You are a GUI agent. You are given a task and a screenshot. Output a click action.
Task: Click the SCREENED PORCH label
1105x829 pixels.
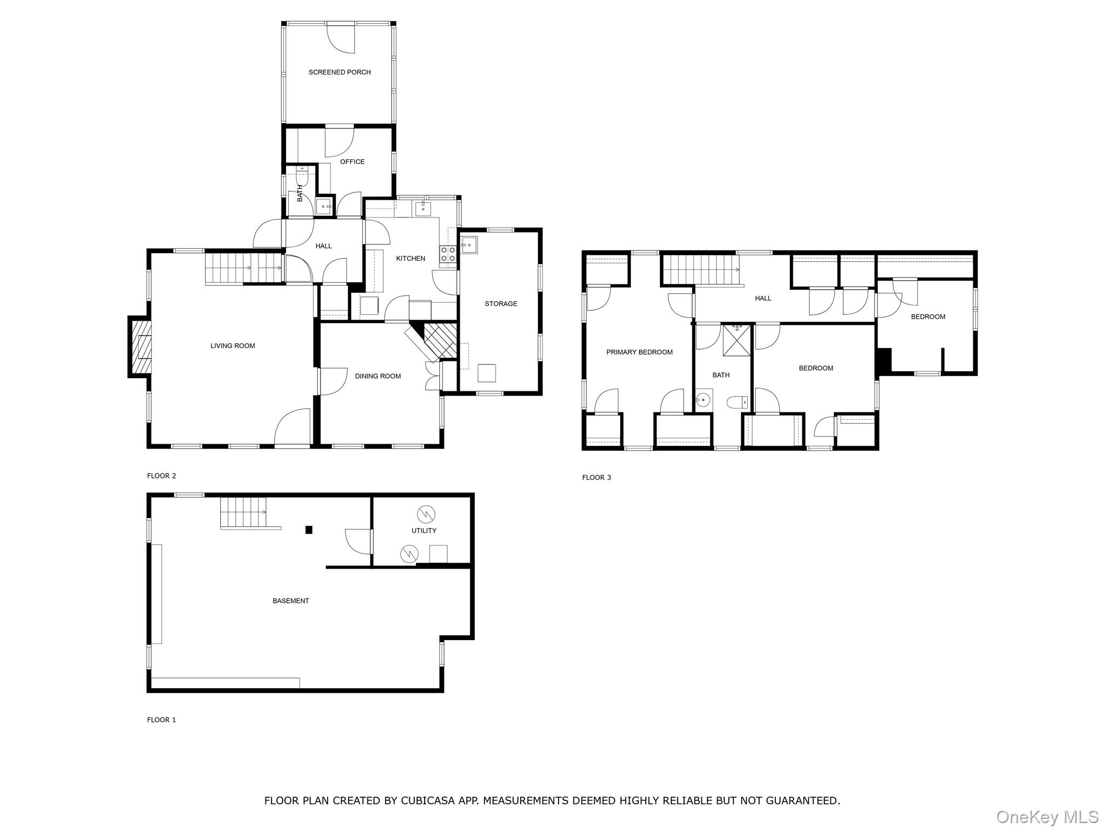tap(339, 72)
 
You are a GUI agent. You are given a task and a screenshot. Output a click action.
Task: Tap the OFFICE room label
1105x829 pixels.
tap(352, 162)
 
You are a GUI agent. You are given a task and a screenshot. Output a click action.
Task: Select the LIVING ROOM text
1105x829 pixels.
tap(233, 346)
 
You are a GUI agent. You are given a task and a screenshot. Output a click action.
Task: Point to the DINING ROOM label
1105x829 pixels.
tap(378, 376)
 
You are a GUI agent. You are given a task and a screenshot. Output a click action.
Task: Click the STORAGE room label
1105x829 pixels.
tap(501, 304)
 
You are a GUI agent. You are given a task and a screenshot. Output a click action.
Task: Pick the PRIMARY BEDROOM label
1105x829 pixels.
tap(639, 352)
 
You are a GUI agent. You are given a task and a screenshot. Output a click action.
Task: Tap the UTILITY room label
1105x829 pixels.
tap(424, 531)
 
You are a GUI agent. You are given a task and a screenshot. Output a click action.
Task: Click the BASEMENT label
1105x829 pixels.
tap(290, 601)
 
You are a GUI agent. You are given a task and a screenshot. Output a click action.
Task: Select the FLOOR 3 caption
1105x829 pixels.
tap(596, 478)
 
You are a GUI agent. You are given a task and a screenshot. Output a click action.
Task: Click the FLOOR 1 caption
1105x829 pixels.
tap(161, 720)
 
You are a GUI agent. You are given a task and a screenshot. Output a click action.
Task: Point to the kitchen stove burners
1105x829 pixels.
tap(447, 254)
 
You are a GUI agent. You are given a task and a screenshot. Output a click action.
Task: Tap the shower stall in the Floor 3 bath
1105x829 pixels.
tap(736, 340)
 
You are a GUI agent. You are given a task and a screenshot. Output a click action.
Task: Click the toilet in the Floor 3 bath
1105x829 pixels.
tap(737, 402)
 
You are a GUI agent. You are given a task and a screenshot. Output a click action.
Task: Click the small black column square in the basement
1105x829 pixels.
tap(309, 530)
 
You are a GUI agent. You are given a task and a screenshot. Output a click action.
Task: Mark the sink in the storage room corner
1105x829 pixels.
tap(468, 246)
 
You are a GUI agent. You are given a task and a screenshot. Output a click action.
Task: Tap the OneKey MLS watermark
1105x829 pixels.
tap(1047, 817)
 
